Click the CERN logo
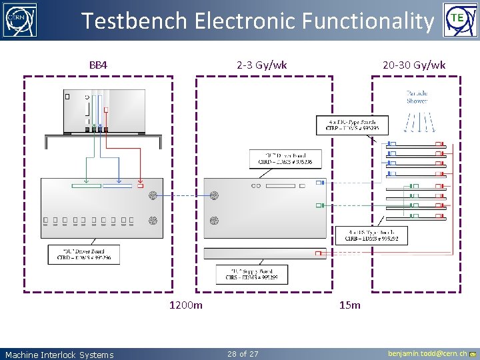20,20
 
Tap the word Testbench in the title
134,21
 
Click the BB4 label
99,65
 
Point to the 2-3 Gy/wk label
262,65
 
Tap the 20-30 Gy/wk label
414,65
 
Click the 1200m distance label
186,305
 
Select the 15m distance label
349,305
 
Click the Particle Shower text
417,97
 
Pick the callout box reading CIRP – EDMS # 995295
351,125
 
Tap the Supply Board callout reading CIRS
252,274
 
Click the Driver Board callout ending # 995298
285,158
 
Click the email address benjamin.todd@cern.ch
427,354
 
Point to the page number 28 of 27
243,354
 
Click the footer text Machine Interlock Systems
59,355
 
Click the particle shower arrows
417,121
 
